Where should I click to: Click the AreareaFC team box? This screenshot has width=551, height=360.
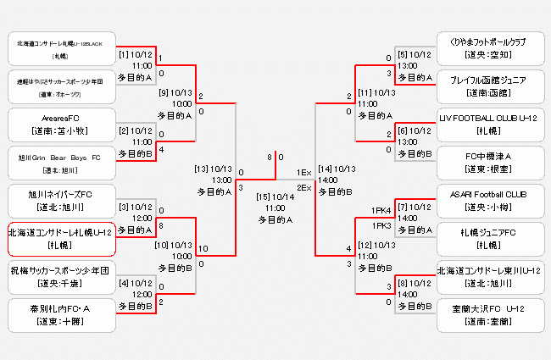click(60, 124)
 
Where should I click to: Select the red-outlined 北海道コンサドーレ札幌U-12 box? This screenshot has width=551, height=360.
click(60, 238)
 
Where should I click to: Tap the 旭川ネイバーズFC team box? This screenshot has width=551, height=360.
click(60, 201)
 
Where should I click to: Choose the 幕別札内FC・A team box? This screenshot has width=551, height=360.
click(60, 314)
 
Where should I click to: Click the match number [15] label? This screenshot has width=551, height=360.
click(264, 197)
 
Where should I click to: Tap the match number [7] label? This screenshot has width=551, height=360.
click(404, 206)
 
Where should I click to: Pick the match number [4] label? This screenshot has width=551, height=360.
click(124, 283)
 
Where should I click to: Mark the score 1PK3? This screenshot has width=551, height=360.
click(381, 225)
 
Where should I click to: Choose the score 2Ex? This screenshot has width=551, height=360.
click(303, 186)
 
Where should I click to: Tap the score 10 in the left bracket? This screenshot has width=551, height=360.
click(203, 248)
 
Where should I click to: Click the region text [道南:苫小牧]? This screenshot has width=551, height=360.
click(60, 130)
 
